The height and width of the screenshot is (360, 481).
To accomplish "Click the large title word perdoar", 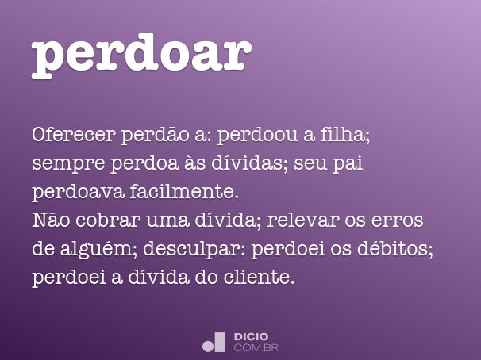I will click(141, 53).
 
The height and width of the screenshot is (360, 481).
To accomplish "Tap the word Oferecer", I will click(73, 135).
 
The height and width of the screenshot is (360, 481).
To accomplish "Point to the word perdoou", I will click(258, 135).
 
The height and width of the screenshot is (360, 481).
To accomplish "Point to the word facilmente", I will click(184, 192).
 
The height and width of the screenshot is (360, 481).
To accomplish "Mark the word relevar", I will click(306, 220).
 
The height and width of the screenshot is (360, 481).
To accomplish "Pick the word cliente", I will click(261, 278).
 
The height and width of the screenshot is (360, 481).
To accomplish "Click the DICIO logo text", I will click(251, 337).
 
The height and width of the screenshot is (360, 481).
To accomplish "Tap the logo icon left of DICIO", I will click(214, 342).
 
